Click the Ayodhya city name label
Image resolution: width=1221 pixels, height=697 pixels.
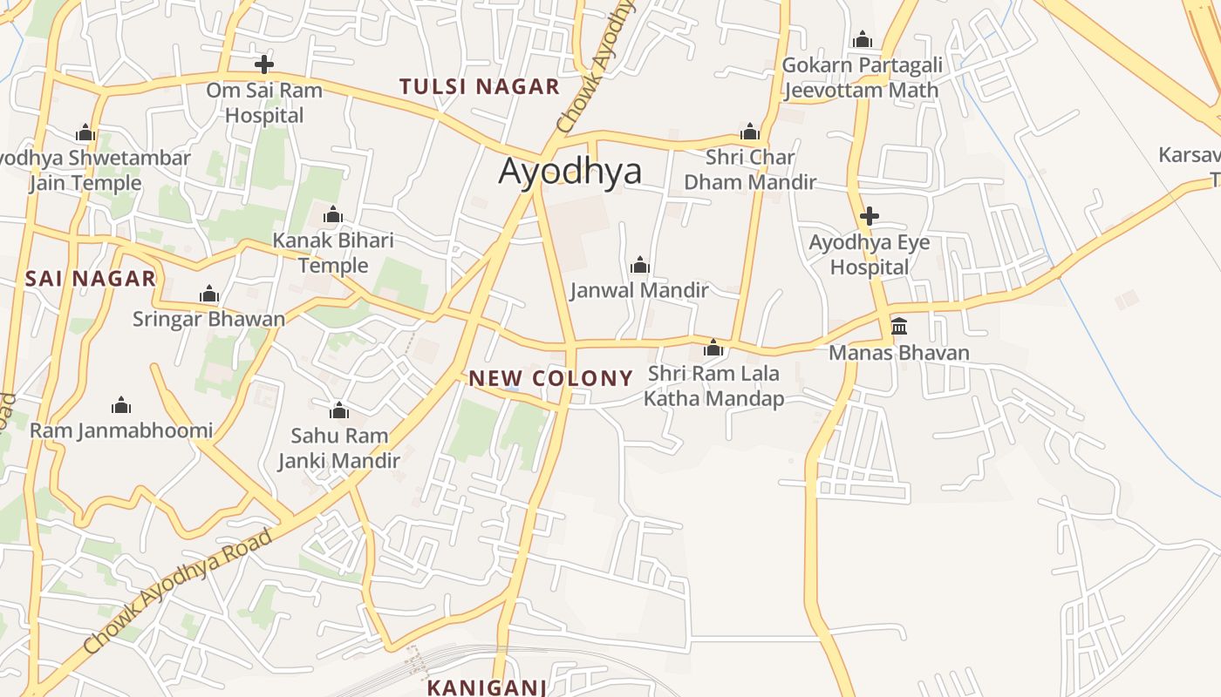570,172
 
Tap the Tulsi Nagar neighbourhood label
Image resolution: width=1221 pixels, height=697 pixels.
479,86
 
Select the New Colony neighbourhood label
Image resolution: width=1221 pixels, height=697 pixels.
550,378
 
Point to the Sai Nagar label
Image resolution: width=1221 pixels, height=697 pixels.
90,279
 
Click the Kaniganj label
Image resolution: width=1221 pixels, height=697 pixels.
486,687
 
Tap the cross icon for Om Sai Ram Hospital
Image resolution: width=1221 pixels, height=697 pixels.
263,64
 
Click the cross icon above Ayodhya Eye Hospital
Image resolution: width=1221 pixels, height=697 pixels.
869,216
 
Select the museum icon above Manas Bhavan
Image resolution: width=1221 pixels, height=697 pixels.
899,327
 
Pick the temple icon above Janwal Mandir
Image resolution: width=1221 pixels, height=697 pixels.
640,264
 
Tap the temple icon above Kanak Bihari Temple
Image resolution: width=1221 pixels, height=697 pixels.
332,214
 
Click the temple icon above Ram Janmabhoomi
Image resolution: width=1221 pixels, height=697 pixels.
121,405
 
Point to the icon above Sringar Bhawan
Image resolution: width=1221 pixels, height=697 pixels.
208,294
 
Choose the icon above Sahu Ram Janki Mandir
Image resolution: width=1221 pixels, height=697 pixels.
339,409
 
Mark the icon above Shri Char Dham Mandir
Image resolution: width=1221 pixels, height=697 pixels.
749,132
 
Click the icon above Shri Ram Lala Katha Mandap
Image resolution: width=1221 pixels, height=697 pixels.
713,348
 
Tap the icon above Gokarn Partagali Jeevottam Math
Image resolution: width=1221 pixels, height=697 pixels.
863,39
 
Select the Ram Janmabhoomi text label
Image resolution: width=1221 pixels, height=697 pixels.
121,430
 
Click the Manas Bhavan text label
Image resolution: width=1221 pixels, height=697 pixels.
899,353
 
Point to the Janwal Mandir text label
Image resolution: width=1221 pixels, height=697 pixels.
639,290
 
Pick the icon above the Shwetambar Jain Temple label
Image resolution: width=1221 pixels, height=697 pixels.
85,132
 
